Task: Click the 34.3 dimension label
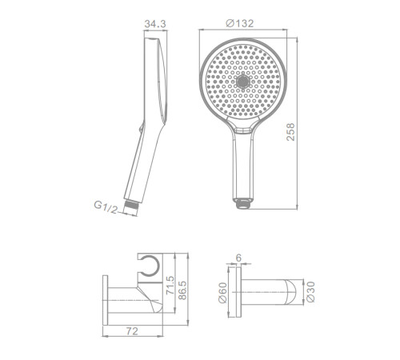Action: pos(155,24)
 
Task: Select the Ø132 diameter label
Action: pos(240,23)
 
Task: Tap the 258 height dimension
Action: pos(290,132)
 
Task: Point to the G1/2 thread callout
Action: pos(106,207)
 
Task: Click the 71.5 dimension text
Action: pos(170,286)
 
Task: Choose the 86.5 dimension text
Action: pos(182,290)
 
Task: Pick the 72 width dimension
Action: pos(132,331)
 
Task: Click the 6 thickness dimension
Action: pos(238,258)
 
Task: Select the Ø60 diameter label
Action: pos(222,293)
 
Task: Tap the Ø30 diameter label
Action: pos(310,292)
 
